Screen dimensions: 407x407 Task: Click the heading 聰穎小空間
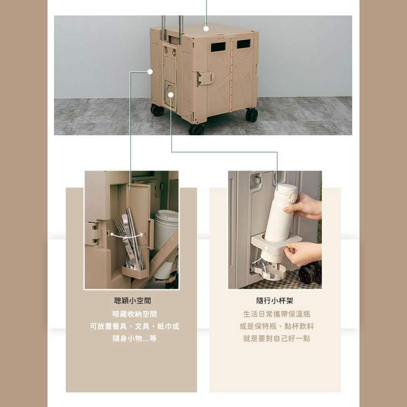click(132, 301)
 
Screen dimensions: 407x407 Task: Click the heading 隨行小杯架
click(275, 301)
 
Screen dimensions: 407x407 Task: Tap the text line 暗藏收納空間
click(134, 314)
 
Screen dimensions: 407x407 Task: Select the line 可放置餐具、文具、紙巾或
click(134, 326)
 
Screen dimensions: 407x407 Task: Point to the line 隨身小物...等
click(134, 338)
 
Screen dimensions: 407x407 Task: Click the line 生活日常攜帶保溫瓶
click(277, 314)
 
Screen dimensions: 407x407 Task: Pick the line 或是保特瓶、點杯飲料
click(277, 326)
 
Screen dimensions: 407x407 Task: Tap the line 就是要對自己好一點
click(277, 338)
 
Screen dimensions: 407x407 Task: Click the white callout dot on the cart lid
click(206, 28)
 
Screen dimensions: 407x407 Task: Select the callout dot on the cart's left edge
click(150, 72)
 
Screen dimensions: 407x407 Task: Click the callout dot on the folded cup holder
click(171, 95)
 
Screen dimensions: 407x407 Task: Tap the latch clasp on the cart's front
click(206, 78)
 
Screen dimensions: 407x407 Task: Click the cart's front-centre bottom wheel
click(196, 130)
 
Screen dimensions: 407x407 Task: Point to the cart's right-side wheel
click(252, 115)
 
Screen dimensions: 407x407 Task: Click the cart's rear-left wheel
click(157, 110)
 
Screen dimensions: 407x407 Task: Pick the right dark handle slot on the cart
click(244, 44)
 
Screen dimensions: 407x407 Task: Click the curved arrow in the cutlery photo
click(127, 236)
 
